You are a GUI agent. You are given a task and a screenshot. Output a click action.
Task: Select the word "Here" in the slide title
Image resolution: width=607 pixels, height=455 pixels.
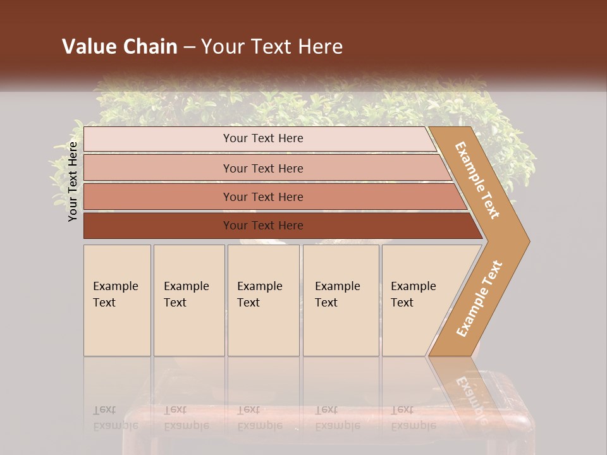point(320,47)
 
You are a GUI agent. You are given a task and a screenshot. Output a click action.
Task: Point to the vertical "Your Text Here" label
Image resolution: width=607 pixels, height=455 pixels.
point(73,181)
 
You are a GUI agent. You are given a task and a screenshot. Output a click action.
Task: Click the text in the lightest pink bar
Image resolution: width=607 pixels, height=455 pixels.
point(263,138)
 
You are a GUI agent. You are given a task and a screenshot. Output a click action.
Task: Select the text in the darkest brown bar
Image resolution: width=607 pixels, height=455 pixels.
point(263,226)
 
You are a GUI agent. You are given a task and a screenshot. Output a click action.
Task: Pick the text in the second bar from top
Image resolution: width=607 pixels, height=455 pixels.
point(263,169)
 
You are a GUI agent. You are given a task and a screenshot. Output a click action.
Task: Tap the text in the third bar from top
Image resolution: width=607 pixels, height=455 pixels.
point(263,197)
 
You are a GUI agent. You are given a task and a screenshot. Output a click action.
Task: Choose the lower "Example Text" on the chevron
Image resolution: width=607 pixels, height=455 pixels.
point(479,299)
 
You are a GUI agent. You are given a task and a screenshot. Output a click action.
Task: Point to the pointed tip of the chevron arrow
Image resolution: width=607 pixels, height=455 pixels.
point(528,241)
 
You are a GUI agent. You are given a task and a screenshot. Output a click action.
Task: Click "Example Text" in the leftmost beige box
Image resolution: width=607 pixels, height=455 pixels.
point(115,294)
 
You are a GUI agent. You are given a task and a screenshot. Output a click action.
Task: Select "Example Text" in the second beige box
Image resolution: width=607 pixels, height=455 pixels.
point(186,294)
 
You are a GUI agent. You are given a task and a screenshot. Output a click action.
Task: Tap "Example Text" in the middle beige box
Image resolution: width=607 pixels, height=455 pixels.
point(259,294)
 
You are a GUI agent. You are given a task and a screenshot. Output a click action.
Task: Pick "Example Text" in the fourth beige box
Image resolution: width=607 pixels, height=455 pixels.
point(337,294)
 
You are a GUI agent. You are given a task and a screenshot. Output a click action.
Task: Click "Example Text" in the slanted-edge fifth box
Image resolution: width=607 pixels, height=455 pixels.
point(413,294)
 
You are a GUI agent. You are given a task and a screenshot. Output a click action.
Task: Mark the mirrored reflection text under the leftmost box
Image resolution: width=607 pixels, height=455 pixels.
point(115,418)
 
